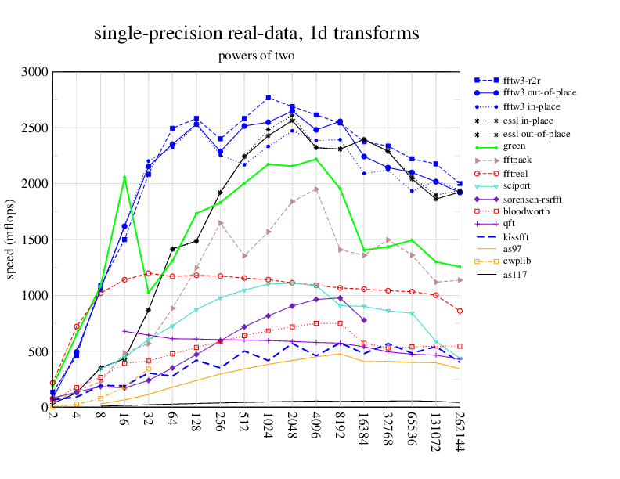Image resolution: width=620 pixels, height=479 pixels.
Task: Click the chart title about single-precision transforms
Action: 256,34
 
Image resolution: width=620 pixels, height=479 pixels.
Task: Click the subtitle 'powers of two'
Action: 256,56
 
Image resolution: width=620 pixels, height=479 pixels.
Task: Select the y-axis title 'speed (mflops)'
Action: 13,239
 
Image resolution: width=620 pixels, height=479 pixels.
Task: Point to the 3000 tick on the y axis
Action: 36,72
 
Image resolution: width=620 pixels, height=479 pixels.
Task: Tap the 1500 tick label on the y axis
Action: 36,239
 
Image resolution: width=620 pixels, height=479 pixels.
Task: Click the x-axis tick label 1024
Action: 269,428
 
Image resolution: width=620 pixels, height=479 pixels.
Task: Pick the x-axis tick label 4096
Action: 316,428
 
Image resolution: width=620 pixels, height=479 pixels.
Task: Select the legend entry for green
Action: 513,146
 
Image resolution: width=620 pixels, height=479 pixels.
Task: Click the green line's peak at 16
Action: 124,177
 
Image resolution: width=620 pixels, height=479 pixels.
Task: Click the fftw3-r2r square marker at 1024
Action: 269,98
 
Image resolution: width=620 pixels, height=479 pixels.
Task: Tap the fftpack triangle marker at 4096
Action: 316,189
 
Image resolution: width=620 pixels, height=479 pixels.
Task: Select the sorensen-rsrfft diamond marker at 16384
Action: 364,320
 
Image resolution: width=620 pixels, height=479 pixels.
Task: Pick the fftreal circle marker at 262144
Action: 460,311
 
